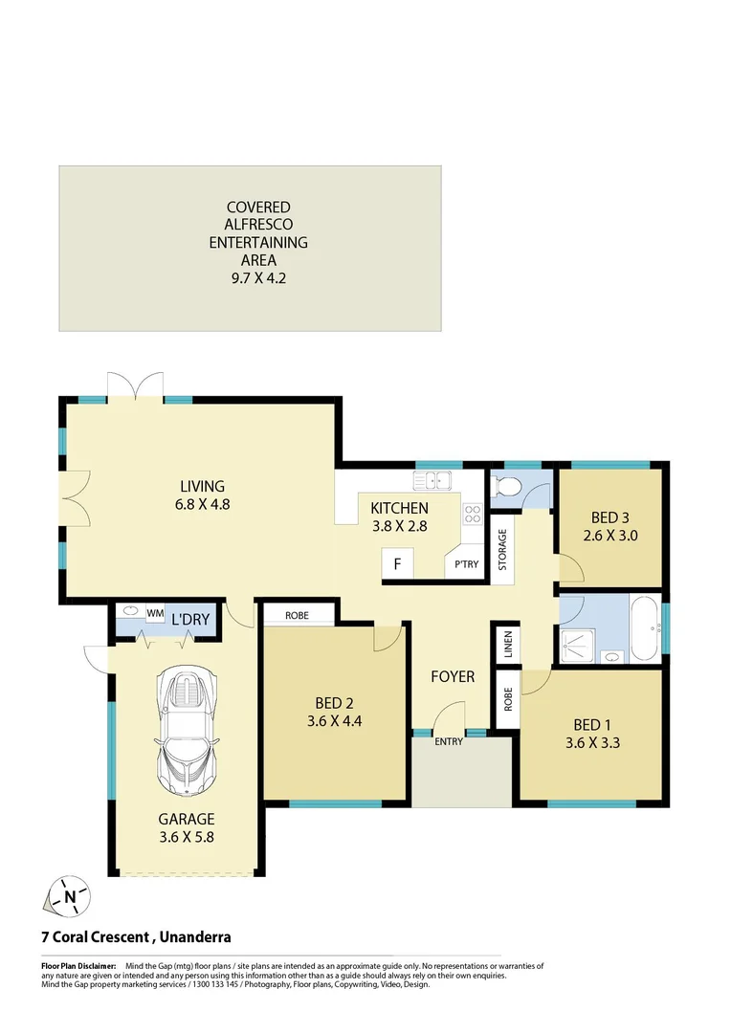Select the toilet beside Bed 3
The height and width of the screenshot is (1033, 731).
(507, 487)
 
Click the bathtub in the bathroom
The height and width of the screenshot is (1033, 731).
(642, 628)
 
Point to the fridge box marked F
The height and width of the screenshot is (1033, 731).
(396, 564)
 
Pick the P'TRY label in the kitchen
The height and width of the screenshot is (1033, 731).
(466, 564)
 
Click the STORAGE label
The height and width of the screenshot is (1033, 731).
(501, 550)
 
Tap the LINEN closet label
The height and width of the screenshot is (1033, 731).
(507, 646)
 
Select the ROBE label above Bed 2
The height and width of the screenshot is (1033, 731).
(297, 615)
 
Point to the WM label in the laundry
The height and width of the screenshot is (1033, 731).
(155, 612)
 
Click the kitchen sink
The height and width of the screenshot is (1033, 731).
(433, 480)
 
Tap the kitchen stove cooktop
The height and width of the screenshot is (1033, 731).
(472, 516)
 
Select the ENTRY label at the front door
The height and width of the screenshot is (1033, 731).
(448, 742)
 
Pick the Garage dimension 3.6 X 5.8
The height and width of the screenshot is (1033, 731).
(187, 837)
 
